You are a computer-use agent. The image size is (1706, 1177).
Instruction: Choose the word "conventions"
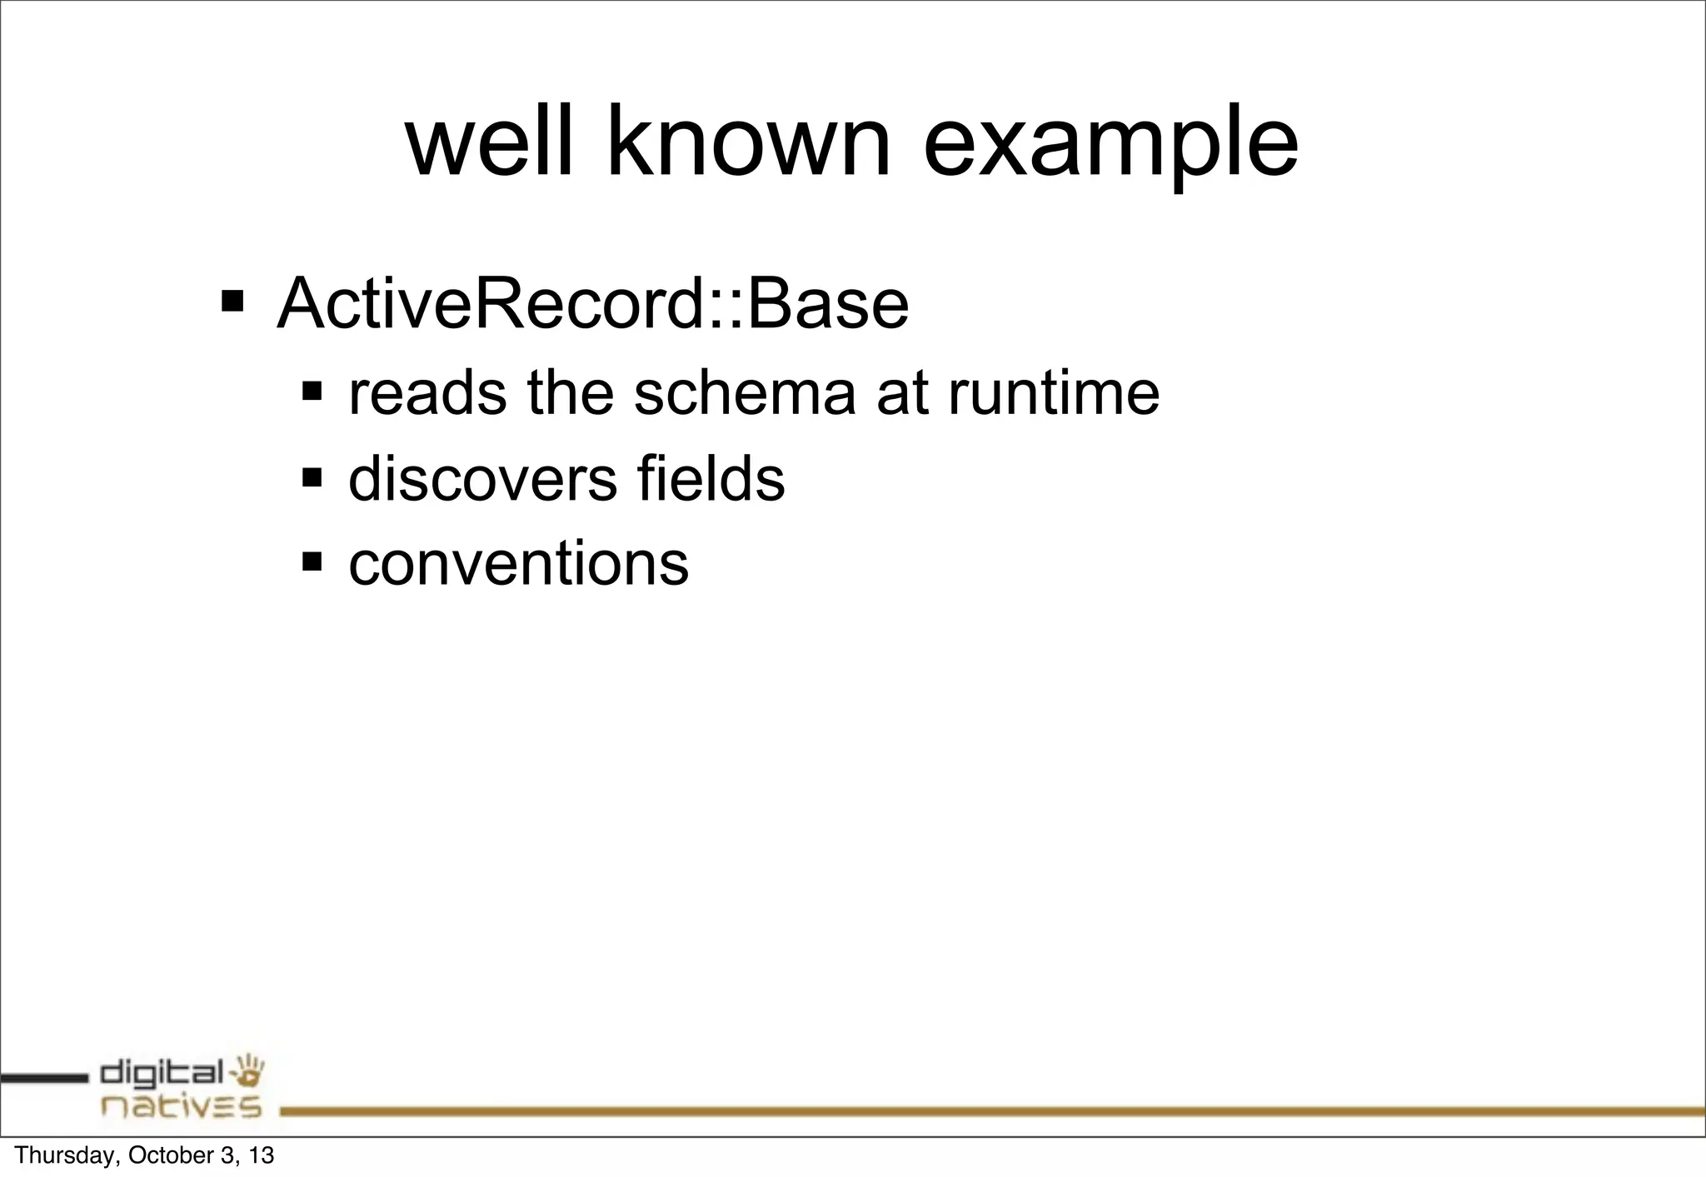[x=518, y=564]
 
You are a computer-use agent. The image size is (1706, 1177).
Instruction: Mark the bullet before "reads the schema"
[x=312, y=390]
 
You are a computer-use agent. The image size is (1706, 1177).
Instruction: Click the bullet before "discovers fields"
[x=312, y=477]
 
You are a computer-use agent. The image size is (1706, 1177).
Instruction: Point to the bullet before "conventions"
[x=312, y=561]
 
